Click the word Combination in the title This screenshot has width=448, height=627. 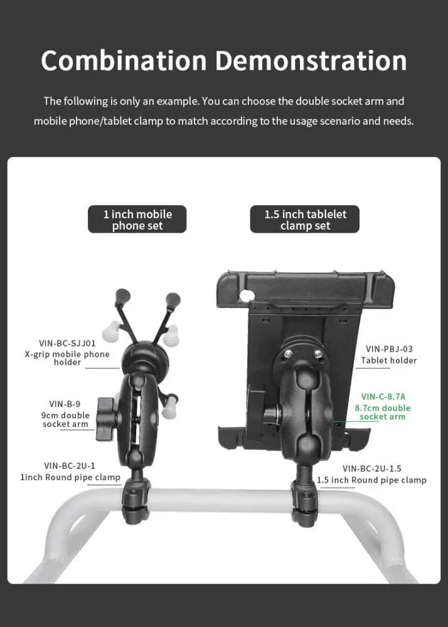pyautogui.click(x=124, y=61)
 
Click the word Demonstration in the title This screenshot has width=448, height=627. pyautogui.click(x=311, y=61)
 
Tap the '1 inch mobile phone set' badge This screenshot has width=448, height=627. pyautogui.click(x=137, y=219)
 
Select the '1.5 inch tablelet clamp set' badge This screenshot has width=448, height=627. pyautogui.click(x=305, y=219)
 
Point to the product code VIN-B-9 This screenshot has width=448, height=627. pyautogui.click(x=66, y=404)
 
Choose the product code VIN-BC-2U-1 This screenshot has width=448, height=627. pyautogui.click(x=70, y=465)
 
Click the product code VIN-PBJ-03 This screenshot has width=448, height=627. pyautogui.click(x=389, y=349)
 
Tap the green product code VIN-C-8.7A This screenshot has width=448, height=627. pyautogui.click(x=383, y=396)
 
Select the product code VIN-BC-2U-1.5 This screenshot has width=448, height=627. pyautogui.click(x=372, y=468)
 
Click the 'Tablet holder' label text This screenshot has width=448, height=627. pyautogui.click(x=389, y=361)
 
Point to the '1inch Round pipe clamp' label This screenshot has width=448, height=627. pyautogui.click(x=70, y=477)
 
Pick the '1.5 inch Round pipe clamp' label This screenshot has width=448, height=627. pyautogui.click(x=371, y=480)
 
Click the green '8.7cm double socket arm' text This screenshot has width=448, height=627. pyautogui.click(x=383, y=412)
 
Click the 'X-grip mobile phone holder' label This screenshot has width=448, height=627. pyautogui.click(x=67, y=358)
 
